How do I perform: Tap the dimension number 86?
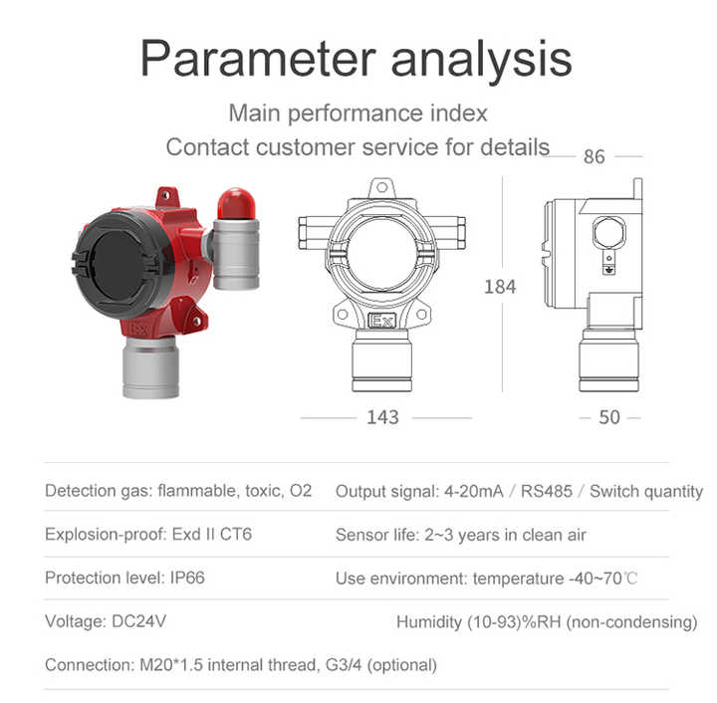(x=595, y=156)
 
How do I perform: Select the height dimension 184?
(x=500, y=287)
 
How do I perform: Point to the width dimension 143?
(x=382, y=417)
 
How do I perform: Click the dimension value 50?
(x=609, y=417)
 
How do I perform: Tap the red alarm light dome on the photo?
(x=237, y=203)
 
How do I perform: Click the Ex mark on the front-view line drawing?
(x=381, y=322)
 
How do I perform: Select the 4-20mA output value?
(x=472, y=491)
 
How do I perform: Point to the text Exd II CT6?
(x=209, y=535)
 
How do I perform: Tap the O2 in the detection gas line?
(x=300, y=491)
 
